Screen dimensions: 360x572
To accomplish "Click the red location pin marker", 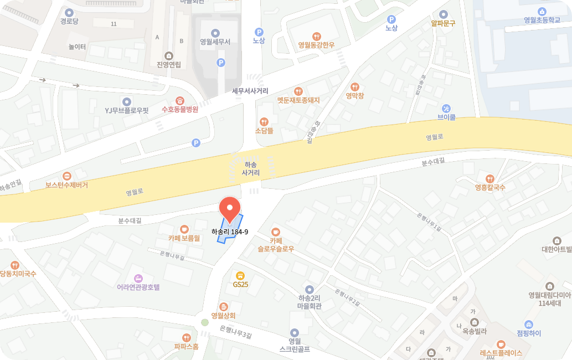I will [230, 208].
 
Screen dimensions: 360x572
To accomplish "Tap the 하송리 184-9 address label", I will [230, 232].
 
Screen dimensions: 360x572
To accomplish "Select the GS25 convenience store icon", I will [240, 275].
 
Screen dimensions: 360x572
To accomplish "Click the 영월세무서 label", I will [215, 42].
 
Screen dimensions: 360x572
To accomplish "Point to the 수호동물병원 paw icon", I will [180, 100].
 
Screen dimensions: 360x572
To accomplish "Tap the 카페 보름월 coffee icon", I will [184, 229].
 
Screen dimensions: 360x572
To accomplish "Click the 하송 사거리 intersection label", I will [250, 169].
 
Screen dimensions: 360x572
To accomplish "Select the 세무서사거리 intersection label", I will [250, 90].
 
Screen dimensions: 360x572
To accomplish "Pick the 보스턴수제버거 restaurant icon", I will [67, 176].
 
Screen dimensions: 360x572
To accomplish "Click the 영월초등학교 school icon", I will [542, 11].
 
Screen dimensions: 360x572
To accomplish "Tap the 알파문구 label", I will [442, 23].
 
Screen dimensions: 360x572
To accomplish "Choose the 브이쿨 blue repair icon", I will [446, 108].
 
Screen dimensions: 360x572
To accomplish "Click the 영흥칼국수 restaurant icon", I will [490, 178].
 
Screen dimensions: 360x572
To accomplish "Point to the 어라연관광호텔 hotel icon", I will [138, 278].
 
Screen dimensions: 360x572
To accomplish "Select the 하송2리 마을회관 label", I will [310, 301].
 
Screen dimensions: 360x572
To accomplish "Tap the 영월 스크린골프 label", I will [295, 345].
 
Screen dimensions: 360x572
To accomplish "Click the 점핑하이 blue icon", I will [529, 324].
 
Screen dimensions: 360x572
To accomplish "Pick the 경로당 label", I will [69, 22].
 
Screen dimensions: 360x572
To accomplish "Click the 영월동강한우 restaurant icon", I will [316, 36].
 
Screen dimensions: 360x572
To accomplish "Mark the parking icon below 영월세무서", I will [221, 63].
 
